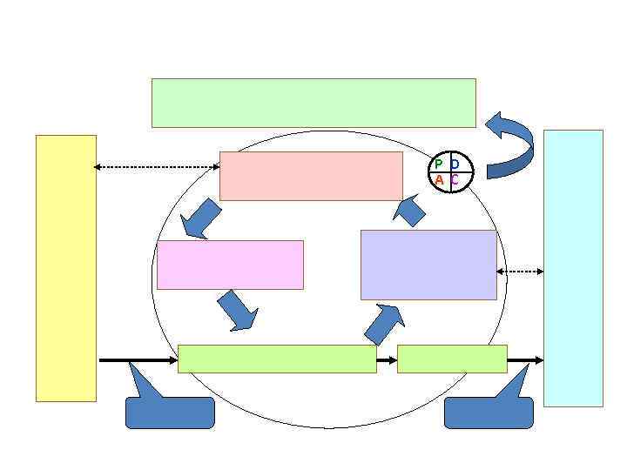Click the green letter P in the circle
[x=439, y=164]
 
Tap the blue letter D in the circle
[x=455, y=164]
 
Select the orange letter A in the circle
[x=439, y=180]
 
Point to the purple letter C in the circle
[x=455, y=180]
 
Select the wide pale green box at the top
[x=313, y=103]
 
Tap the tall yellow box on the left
[x=65, y=268]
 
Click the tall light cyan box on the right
[x=573, y=268]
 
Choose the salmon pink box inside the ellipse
[x=311, y=176]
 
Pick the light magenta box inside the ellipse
[x=230, y=265]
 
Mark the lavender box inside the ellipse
[x=428, y=265]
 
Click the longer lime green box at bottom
[x=277, y=359]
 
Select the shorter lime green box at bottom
[x=452, y=359]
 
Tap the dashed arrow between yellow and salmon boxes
[x=157, y=166]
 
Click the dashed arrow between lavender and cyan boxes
[x=520, y=272]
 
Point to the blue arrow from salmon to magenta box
[x=202, y=218]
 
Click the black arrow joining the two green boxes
[x=387, y=359]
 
